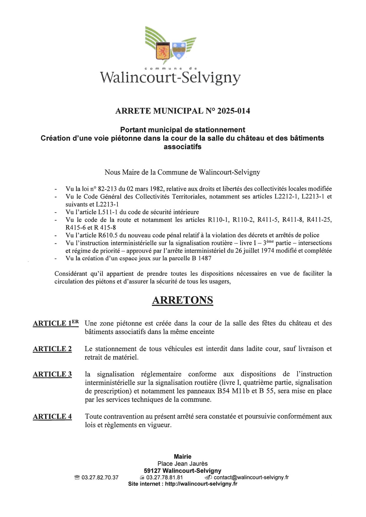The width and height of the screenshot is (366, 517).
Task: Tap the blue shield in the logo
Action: pyautogui.click(x=179, y=50)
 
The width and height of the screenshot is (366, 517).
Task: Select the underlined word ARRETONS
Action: pyautogui.click(x=182, y=300)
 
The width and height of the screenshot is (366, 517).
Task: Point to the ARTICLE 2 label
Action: pyautogui.click(x=52, y=349)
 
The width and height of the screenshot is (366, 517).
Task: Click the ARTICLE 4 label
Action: pyautogui.click(x=52, y=416)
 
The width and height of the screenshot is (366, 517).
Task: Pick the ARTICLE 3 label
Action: pyautogui.click(x=52, y=374)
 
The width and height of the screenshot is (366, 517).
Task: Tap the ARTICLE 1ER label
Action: pyautogui.click(x=56, y=323)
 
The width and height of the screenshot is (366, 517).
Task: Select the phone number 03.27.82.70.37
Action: pyautogui.click(x=100, y=478)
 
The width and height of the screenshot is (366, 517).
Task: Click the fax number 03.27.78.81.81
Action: pyautogui.click(x=164, y=478)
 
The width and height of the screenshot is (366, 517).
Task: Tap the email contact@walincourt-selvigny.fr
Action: pyautogui.click(x=251, y=478)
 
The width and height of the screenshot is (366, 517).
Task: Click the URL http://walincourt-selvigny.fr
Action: pyautogui.click(x=201, y=484)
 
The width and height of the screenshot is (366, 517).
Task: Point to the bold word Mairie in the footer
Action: pyautogui.click(x=182, y=457)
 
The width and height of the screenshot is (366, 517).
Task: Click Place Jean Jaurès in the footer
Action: pyautogui.click(x=182, y=464)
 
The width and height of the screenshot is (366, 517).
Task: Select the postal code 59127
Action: pyautogui.click(x=152, y=471)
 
